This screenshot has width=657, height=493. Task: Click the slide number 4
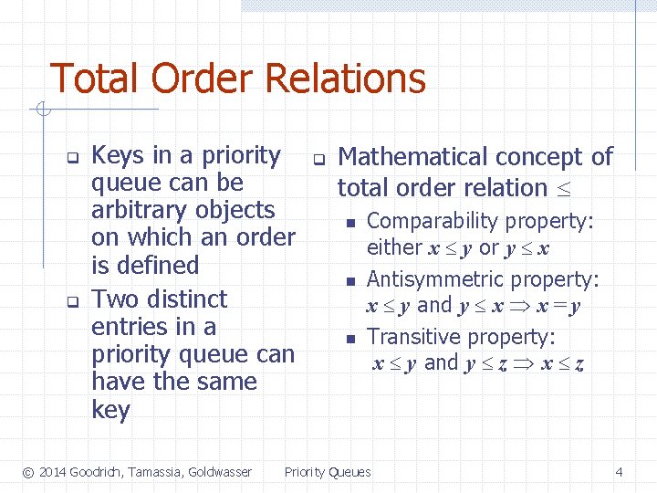pos(620,472)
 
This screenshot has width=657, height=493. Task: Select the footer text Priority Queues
pos(328,472)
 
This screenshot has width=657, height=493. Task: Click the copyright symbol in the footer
pos(28,472)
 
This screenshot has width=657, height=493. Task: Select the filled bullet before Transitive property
pos(349,340)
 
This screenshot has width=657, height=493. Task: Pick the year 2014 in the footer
pos(53,472)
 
